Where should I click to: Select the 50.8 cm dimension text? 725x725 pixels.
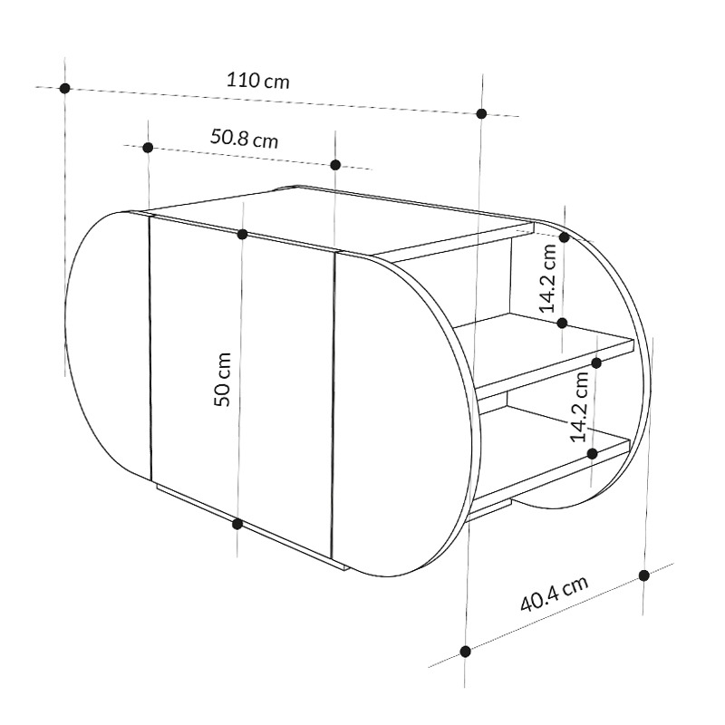click(244, 139)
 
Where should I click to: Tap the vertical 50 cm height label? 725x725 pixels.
click(225, 379)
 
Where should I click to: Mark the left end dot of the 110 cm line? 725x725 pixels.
click(64, 88)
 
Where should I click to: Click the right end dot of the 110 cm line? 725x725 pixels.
click(482, 113)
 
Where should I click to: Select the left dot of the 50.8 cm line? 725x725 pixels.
click(148, 147)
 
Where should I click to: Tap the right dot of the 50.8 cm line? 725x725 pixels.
click(335, 164)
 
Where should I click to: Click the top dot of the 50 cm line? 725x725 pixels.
click(242, 235)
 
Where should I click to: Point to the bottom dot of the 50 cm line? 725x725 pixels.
click(237, 523)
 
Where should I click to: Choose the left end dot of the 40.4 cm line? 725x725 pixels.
click(465, 651)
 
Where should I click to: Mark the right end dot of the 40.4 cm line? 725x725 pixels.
click(644, 575)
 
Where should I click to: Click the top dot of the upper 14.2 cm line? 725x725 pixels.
click(564, 237)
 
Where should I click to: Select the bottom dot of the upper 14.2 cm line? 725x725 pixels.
click(563, 323)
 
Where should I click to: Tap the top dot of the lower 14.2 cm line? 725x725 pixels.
click(596, 362)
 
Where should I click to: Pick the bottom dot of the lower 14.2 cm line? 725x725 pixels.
click(591, 452)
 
